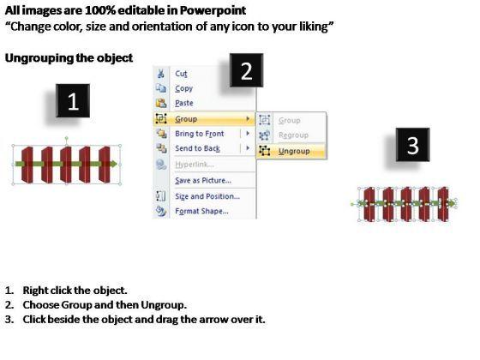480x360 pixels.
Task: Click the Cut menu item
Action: click(x=181, y=74)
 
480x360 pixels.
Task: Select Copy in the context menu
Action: click(x=183, y=88)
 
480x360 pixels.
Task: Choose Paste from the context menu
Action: click(x=184, y=103)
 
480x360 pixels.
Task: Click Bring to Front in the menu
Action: click(x=199, y=134)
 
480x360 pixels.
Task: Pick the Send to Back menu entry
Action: click(x=197, y=148)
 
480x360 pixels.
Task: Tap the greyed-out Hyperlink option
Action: click(x=195, y=165)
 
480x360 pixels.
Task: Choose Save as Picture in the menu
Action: click(x=203, y=180)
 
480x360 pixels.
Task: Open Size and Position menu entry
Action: click(x=207, y=196)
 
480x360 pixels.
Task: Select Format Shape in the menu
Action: click(x=201, y=211)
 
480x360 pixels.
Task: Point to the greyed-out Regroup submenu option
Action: click(x=293, y=135)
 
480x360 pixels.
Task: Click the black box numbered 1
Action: click(x=73, y=101)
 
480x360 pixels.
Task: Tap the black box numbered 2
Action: click(x=247, y=70)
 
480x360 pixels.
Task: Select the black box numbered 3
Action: click(x=412, y=145)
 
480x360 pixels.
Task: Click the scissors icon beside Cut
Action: click(x=161, y=74)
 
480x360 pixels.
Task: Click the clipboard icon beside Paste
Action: click(x=161, y=103)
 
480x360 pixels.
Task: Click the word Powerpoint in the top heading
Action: click(x=213, y=10)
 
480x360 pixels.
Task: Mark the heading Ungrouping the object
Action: click(x=69, y=58)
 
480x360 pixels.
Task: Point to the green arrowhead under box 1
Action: click(x=113, y=164)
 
